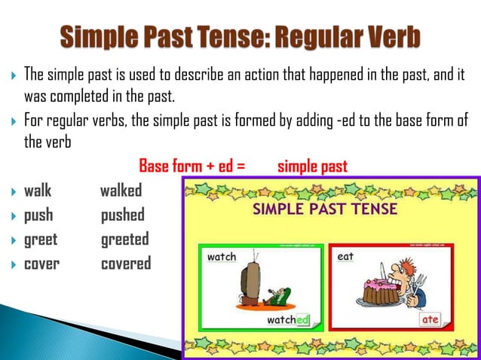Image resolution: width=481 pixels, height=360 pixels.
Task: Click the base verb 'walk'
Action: [38, 191]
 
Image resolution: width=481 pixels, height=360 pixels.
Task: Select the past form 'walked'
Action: [121, 191]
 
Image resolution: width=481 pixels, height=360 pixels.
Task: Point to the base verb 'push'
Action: [38, 215]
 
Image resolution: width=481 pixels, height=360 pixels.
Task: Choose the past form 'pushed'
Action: [122, 215]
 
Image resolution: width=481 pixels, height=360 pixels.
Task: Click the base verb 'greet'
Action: [41, 239]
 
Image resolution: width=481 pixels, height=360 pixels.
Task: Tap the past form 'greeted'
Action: [125, 239]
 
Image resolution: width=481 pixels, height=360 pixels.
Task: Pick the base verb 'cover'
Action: [41, 264]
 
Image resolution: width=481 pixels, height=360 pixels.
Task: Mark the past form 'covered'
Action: [126, 264]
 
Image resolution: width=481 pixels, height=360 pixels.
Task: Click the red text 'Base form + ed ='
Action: [191, 166]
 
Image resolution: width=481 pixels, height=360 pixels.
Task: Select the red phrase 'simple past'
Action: [312, 166]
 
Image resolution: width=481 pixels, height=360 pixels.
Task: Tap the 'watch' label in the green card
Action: [221, 257]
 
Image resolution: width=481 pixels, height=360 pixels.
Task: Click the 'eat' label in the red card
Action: [346, 257]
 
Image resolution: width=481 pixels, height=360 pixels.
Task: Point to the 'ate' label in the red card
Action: [430, 320]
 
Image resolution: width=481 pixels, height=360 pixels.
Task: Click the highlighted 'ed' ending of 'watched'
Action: [302, 320]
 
